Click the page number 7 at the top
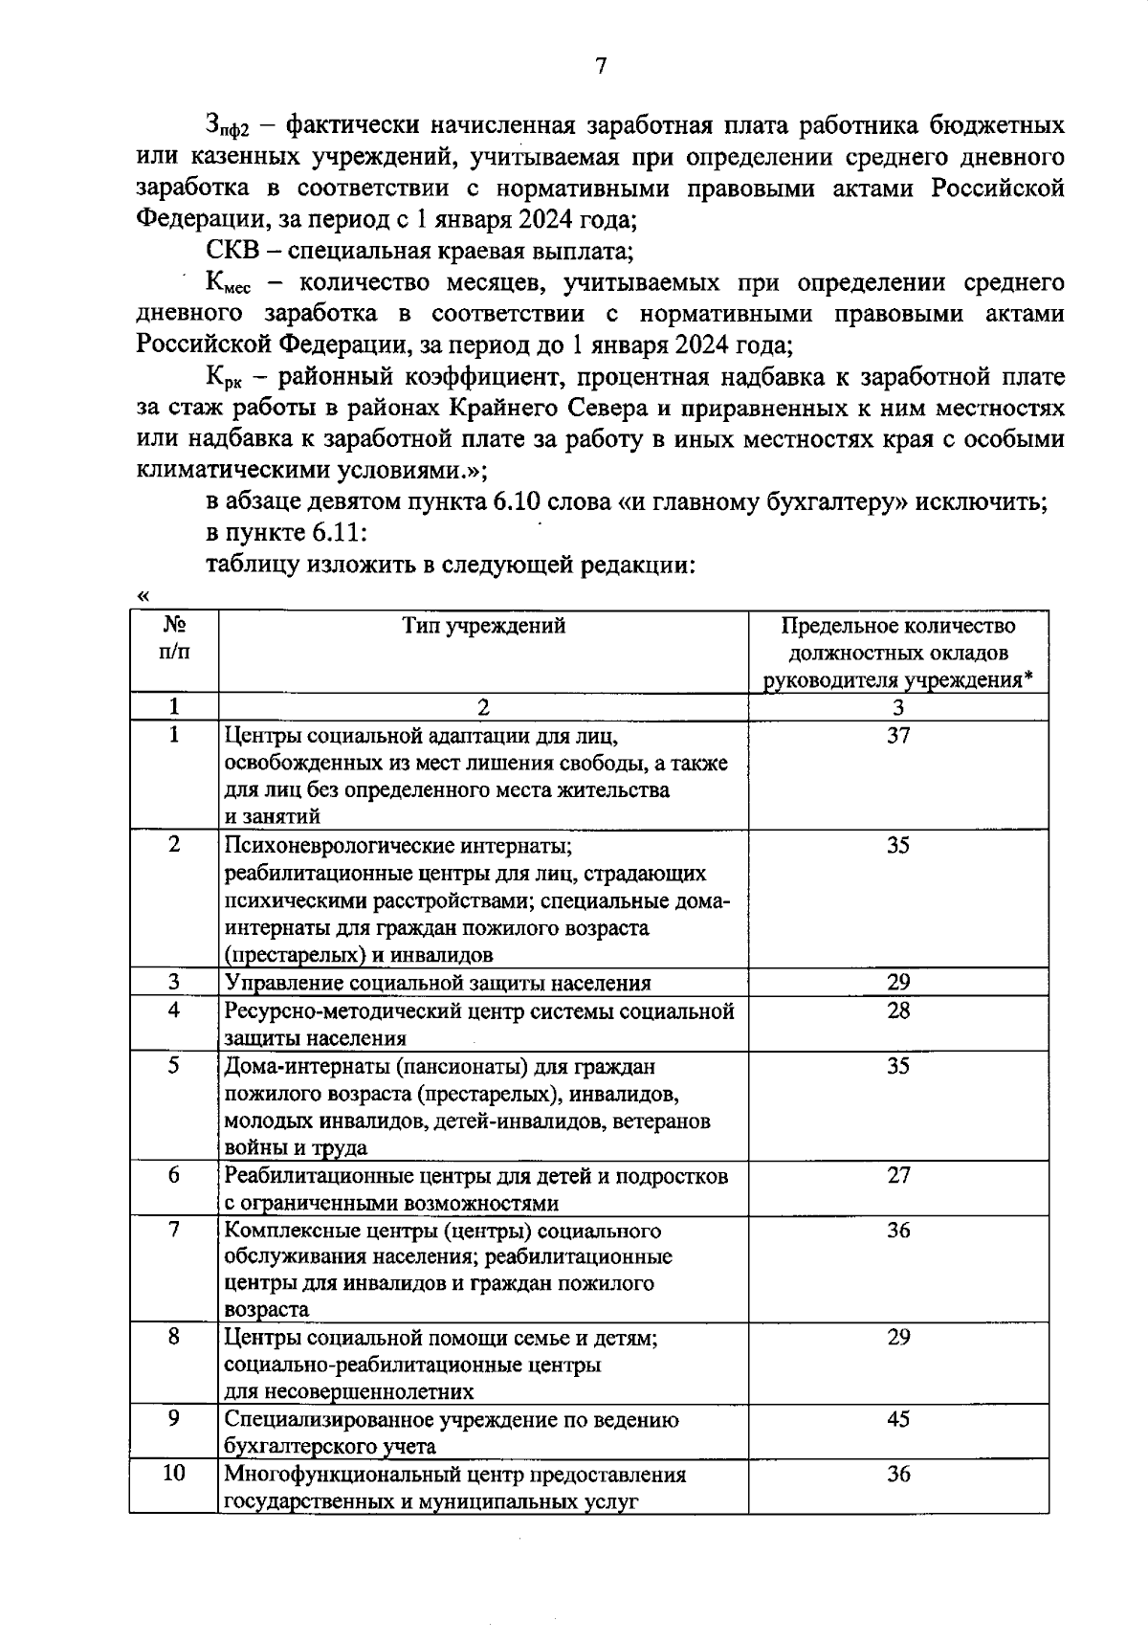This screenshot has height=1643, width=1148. coord(601,66)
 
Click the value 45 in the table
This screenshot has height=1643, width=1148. coord(897,1419)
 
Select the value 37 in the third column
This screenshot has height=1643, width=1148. coord(897,735)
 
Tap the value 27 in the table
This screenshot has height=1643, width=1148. coord(897,1175)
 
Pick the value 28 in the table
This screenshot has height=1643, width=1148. coord(897,1010)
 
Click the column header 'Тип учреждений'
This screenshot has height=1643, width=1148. coord(483,626)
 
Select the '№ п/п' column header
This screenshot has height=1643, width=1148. coord(174,638)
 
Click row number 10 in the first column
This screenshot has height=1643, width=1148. coord(174,1474)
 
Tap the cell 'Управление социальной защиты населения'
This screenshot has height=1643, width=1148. coord(437,983)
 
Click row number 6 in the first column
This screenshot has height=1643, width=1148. coord(174,1175)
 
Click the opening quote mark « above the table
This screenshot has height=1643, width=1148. coord(143,595)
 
